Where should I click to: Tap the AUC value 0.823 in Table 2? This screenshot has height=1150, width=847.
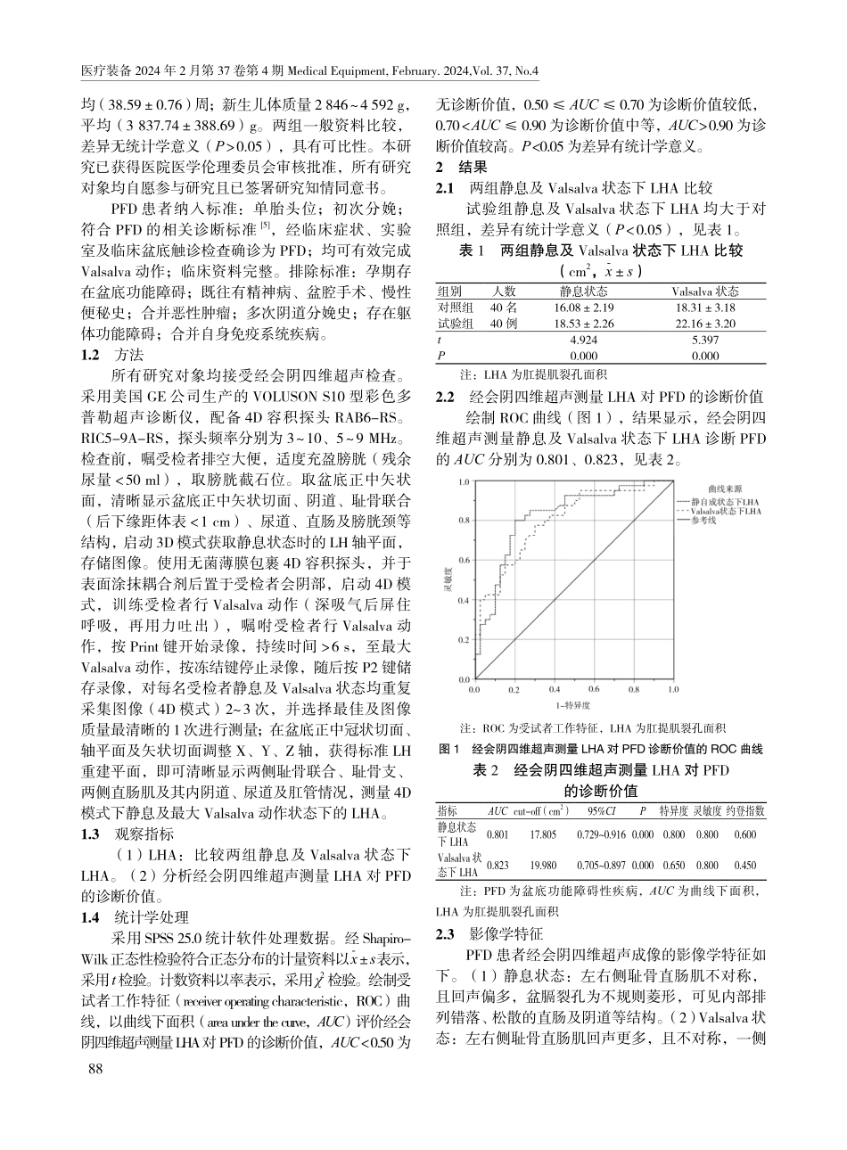pyautogui.click(x=498, y=864)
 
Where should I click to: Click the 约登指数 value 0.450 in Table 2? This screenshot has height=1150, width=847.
pyautogui.click(x=745, y=864)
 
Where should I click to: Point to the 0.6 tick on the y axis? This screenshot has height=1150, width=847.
pyautogui.click(x=464, y=562)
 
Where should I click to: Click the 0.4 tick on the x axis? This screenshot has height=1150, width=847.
pyautogui.click(x=555, y=690)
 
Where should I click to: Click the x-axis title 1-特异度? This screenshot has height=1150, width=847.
pyautogui.click(x=572, y=705)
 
